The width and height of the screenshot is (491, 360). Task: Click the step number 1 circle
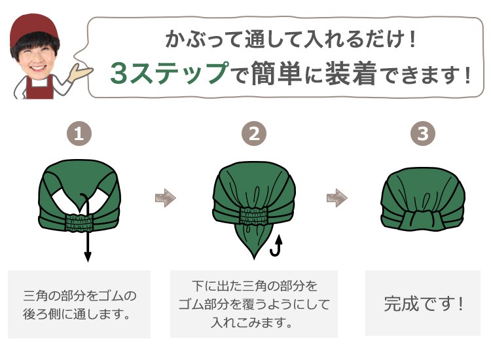click(x=79, y=135)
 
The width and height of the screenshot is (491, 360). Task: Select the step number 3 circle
click(x=423, y=135)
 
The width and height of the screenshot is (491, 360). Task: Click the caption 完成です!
click(x=424, y=304)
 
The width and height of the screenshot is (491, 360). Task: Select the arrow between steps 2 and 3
click(x=336, y=198)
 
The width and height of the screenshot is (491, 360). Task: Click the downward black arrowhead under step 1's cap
click(x=87, y=257)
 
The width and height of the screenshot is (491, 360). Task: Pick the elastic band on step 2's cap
click(x=254, y=215)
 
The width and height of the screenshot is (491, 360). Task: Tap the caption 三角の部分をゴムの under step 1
click(x=79, y=295)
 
